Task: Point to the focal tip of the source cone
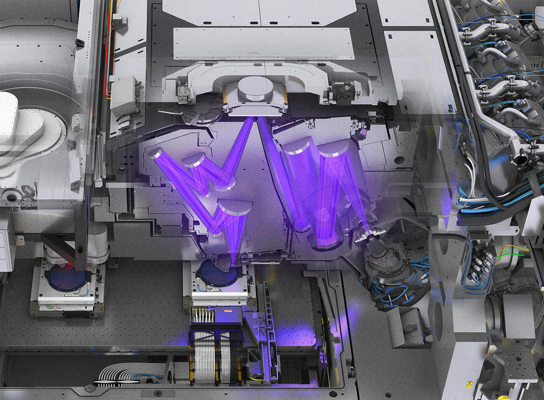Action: pos(369,235)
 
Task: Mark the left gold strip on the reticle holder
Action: pos(225,97)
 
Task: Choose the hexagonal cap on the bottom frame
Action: pos(90,388)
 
